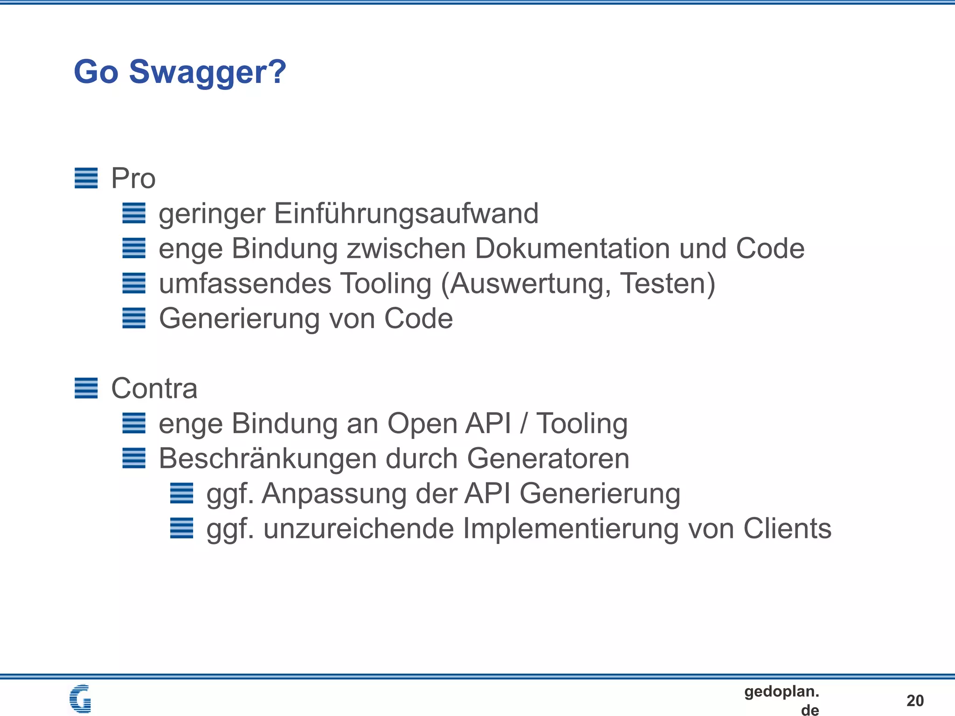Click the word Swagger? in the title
point(208,73)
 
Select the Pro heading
point(133,178)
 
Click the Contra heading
point(154,388)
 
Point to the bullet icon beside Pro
point(86,178)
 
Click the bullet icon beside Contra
point(86,388)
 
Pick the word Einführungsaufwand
point(406,213)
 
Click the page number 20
point(915,700)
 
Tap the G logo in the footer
point(80,698)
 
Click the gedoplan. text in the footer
point(782,691)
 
